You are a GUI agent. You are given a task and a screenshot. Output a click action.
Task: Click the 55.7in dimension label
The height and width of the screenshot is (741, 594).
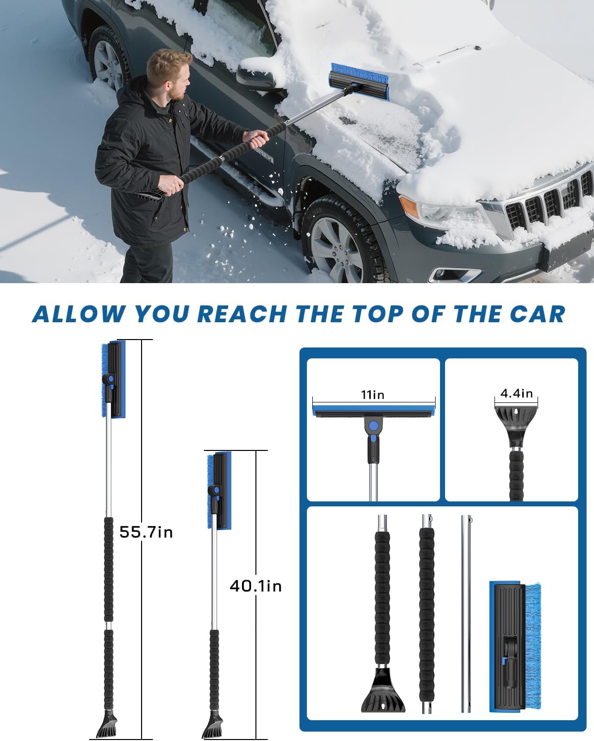click(x=146, y=532)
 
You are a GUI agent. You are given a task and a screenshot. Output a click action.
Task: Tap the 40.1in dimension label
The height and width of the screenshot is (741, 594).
click(x=255, y=586)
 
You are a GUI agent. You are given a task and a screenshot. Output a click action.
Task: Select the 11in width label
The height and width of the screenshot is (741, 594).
click(x=373, y=395)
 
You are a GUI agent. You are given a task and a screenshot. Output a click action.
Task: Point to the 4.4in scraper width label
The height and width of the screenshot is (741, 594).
click(x=516, y=394)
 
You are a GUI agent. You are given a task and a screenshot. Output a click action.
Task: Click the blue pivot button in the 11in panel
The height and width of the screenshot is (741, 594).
click(x=373, y=426)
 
